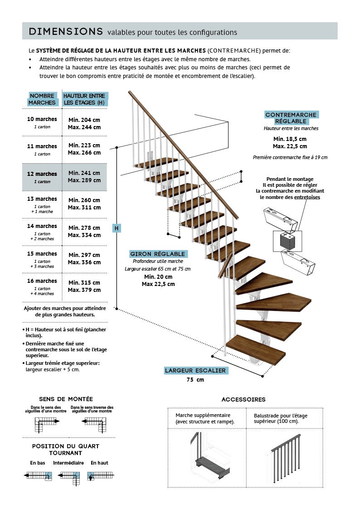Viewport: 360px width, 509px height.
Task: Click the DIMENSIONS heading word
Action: pyautogui.click(x=65, y=31)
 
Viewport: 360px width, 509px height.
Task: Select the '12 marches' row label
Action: pyautogui.click(x=43, y=174)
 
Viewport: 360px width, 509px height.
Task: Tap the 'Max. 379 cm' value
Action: pyautogui.click(x=84, y=290)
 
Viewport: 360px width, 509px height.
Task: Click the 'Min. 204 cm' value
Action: pyautogui.click(x=84, y=120)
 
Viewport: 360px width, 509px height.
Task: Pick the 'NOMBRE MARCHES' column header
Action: pyautogui.click(x=42, y=99)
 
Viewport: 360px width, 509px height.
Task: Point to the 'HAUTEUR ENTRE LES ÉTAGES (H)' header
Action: pyautogui.click(x=84, y=99)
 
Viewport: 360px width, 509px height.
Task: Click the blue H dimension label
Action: pyautogui.click(x=117, y=228)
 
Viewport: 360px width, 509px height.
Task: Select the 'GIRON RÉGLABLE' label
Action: pyautogui.click(x=158, y=254)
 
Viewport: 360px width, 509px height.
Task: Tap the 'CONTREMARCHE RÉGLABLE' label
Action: pyautogui.click(x=291, y=118)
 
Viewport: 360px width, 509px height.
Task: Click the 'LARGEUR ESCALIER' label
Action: pyautogui.click(x=195, y=371)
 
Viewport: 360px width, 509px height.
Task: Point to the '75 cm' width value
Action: pyautogui.click(x=195, y=380)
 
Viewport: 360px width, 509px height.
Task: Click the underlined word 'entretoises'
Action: pyautogui.click(x=307, y=197)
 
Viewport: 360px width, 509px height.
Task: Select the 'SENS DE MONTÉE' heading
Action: pyautogui.click(x=66, y=399)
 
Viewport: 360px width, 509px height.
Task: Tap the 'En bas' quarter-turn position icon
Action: pyautogui.click(x=38, y=475)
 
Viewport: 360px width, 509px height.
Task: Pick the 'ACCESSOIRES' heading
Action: pyautogui.click(x=243, y=399)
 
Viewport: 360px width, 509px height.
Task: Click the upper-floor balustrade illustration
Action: pyautogui.click(x=286, y=456)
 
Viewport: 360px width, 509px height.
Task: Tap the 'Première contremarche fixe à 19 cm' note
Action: pyautogui.click(x=290, y=157)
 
